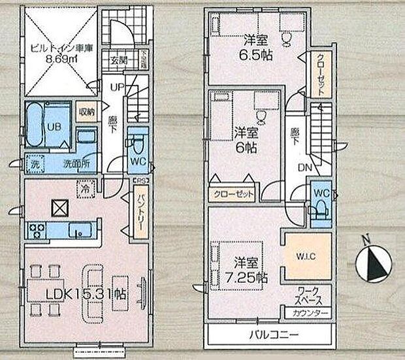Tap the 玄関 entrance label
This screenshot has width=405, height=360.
click(118, 61)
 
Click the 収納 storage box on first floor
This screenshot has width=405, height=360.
click(86, 112)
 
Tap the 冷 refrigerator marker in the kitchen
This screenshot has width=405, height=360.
click(86, 186)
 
